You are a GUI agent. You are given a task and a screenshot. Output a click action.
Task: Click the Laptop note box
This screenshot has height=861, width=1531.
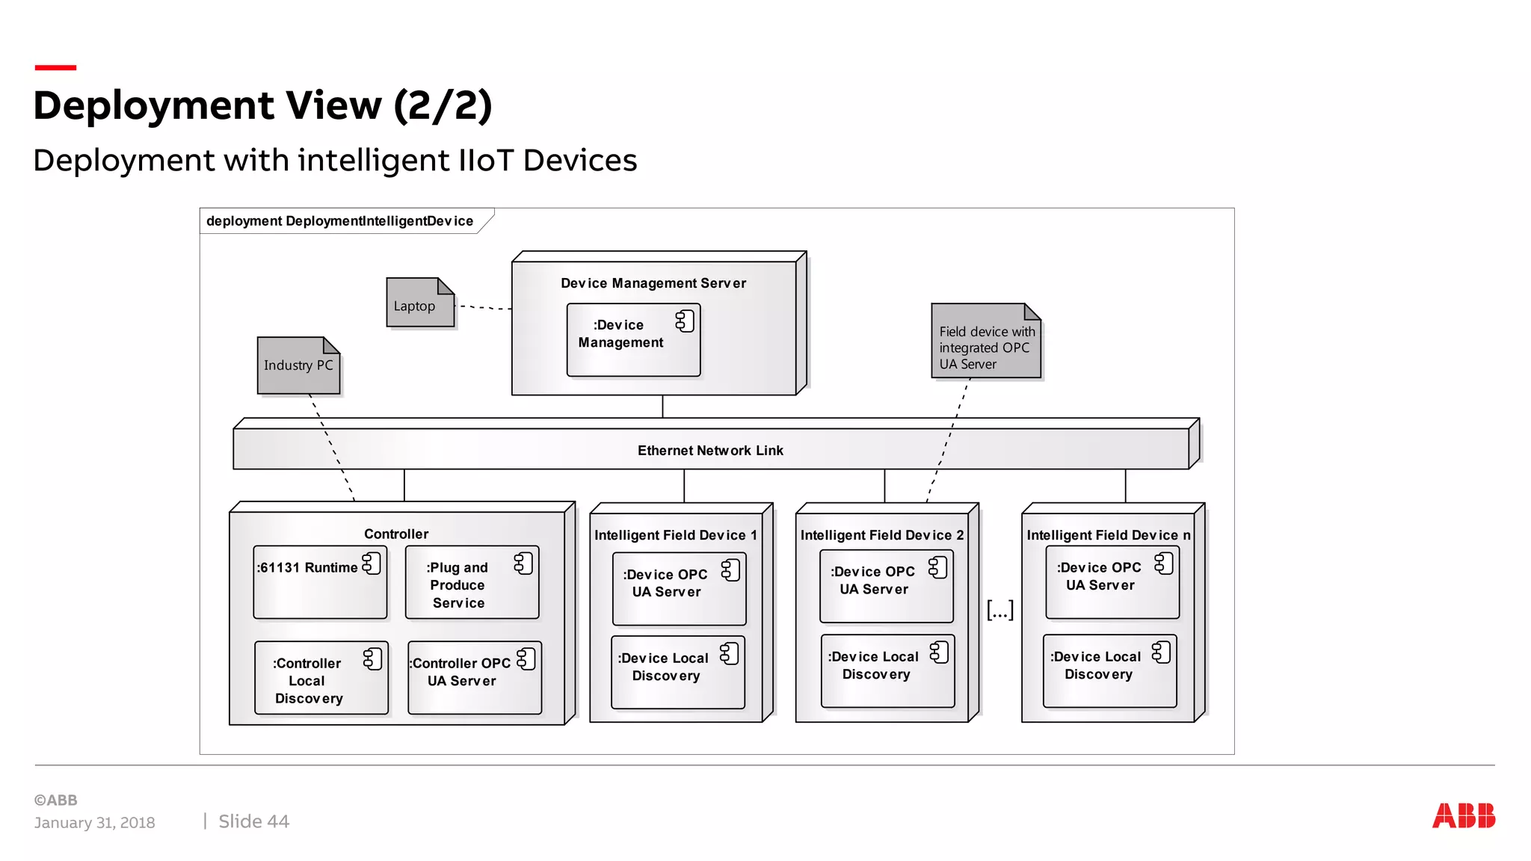[419, 303]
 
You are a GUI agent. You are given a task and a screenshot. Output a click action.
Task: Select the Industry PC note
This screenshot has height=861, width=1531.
[298, 365]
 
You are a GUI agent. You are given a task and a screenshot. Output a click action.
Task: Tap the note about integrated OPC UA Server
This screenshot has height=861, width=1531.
[985, 342]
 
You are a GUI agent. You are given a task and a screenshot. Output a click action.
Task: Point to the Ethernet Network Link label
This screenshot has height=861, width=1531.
[709, 451]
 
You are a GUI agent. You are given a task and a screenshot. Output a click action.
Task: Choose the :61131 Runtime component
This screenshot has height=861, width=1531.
[320, 582]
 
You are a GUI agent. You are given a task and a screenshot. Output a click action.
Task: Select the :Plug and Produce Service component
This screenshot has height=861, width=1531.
[471, 583]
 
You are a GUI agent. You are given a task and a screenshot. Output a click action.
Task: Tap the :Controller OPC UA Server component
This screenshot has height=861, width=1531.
[474, 677]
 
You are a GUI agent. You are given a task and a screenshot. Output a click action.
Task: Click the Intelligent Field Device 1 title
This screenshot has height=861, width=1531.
[675, 535]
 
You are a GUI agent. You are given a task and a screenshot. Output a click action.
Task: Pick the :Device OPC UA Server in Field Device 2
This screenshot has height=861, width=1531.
[886, 586]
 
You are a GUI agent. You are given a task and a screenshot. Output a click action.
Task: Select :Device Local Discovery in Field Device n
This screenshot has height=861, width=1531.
[1109, 670]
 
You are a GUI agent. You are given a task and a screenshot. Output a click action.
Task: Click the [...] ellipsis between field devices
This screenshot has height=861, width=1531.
[999, 610]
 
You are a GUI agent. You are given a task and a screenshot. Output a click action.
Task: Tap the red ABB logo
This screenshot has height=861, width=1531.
[1463, 815]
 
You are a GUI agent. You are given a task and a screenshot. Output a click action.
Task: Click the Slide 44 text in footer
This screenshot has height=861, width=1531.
[253, 821]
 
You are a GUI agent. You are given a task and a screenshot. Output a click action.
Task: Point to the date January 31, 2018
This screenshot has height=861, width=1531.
[94, 822]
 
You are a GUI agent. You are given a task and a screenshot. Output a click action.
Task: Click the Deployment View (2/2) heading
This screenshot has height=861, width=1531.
[262, 105]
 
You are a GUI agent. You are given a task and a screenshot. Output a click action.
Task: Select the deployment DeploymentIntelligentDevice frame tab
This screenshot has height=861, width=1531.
[340, 221]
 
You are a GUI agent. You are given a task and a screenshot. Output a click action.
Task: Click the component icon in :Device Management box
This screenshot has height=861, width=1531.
[684, 321]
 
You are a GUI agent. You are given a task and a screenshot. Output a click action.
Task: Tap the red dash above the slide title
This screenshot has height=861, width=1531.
[55, 67]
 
